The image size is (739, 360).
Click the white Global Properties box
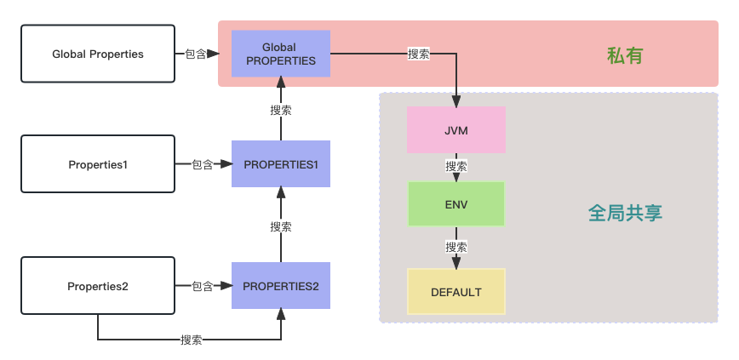(98, 54)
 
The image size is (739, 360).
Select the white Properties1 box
(98, 164)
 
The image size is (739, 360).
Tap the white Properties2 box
(98, 286)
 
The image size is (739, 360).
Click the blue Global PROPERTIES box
(280, 54)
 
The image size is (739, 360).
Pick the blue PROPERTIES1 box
(280, 163)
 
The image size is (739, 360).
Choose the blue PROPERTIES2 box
(280, 286)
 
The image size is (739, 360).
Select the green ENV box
(456, 204)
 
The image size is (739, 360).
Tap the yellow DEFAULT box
(456, 292)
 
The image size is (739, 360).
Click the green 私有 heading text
(624, 56)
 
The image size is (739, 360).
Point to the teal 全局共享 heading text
(625, 213)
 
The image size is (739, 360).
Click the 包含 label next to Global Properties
(195, 54)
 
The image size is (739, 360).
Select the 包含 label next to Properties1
(202, 164)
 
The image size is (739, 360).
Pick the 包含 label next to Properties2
(202, 286)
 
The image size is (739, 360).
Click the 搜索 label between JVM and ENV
(456, 166)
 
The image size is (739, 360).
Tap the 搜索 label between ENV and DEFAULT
(456, 247)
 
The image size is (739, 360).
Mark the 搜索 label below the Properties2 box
(192, 340)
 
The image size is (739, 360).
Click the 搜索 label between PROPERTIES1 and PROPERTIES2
(281, 226)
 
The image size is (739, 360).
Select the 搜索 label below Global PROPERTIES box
(281, 110)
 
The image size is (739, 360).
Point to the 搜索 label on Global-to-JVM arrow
(419, 54)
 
